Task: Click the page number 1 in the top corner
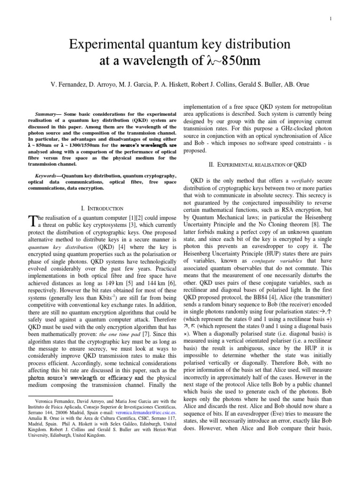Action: [344, 18]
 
